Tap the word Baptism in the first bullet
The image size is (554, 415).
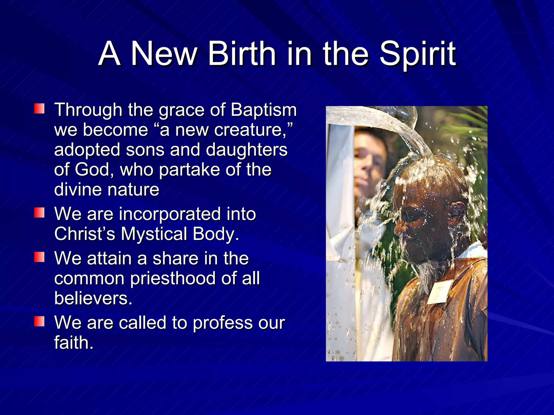click(263, 110)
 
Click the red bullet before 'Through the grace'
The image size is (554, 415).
click(39, 109)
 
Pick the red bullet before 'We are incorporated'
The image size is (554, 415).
click(39, 213)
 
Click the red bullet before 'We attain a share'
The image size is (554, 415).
click(39, 257)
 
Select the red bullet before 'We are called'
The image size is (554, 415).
click(39, 322)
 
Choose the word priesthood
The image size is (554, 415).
click(173, 278)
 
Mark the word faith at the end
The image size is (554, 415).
click(73, 343)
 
